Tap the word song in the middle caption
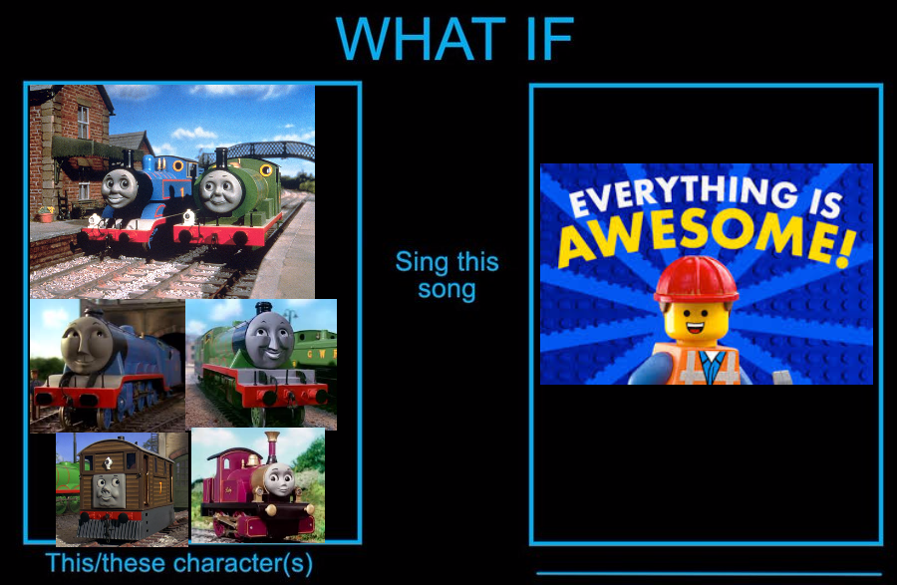point(447,290)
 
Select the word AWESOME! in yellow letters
point(709,235)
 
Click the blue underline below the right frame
point(709,574)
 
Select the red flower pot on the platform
point(46,215)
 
